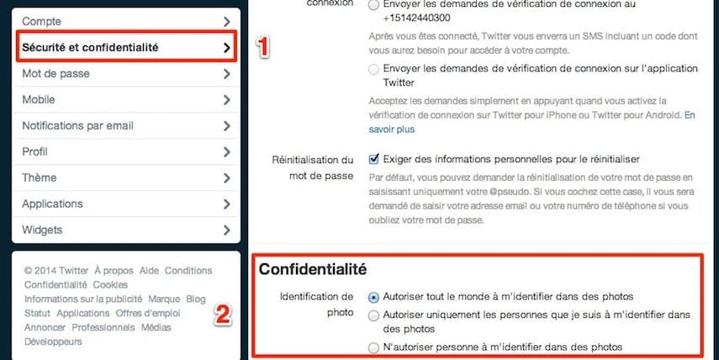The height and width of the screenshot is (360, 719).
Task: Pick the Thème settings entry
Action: (40, 177)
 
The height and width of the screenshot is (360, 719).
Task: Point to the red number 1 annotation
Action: (262, 48)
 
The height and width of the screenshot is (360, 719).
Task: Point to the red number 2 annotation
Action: (222, 315)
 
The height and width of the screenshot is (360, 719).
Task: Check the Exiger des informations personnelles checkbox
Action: (374, 158)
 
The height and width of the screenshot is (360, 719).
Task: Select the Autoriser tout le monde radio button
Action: (374, 297)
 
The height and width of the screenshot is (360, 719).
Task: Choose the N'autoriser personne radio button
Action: (374, 347)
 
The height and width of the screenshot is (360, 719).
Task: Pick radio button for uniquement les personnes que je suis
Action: (374, 315)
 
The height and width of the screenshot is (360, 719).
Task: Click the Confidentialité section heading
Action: (313, 269)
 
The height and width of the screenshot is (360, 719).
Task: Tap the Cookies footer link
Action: (110, 285)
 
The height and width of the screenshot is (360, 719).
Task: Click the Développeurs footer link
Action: (53, 342)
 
